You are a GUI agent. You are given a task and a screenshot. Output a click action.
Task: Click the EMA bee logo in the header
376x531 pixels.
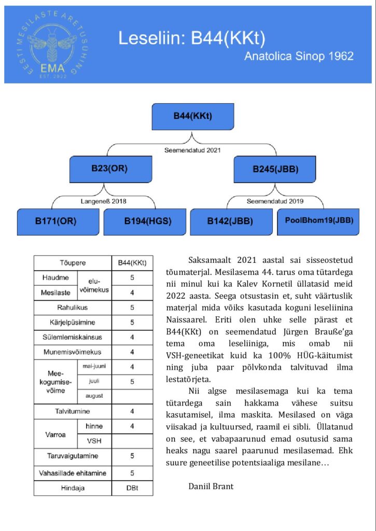[x=48, y=45]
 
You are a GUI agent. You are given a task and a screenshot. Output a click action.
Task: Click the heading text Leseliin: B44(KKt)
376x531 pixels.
[x=192, y=38]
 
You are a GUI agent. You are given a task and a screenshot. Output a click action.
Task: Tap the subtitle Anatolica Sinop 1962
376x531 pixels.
[x=299, y=56]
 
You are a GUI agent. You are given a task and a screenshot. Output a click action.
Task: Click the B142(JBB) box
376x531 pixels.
[x=230, y=221]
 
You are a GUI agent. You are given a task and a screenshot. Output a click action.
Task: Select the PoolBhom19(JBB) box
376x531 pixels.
[x=319, y=220]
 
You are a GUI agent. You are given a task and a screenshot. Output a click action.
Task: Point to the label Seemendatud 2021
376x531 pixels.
[x=192, y=150]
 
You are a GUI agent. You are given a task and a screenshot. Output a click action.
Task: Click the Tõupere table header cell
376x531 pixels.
[x=73, y=263]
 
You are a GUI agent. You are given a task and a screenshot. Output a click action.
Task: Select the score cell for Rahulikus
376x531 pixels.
[x=132, y=308]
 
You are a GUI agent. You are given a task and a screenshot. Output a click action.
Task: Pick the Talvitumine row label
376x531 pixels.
[x=73, y=411]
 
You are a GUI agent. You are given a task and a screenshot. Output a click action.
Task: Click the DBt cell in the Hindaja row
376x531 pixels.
[x=132, y=488]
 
